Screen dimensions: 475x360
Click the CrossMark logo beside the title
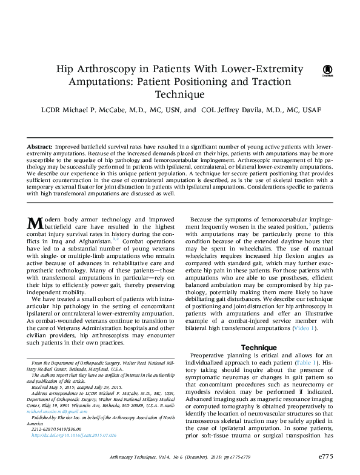click(x=326, y=71)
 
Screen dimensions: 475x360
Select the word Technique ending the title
click(x=180, y=95)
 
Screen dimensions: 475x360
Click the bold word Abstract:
click(x=40, y=147)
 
